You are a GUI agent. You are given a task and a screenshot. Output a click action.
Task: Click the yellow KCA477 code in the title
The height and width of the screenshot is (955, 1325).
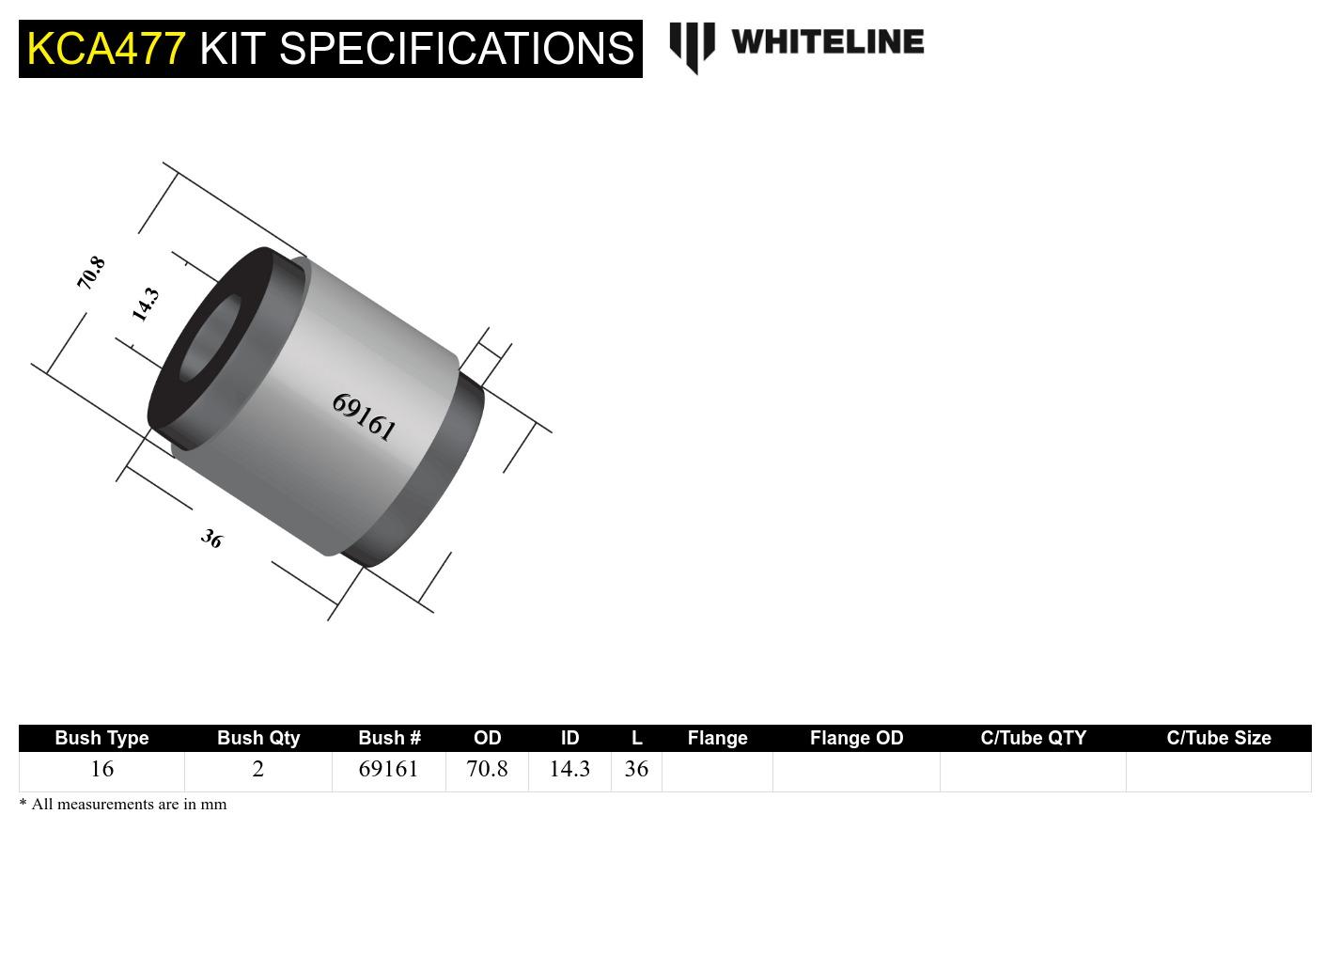[105, 48]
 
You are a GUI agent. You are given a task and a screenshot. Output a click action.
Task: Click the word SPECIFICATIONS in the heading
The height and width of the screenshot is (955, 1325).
[456, 48]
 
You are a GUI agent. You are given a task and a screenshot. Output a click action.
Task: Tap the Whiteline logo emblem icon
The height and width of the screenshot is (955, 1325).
[692, 46]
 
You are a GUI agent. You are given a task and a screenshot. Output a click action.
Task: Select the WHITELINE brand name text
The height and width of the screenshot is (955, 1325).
[827, 41]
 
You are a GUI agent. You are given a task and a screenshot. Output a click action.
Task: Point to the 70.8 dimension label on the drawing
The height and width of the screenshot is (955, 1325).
[91, 273]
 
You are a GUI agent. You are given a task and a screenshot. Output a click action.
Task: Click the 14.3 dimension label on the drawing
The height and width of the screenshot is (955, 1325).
[145, 305]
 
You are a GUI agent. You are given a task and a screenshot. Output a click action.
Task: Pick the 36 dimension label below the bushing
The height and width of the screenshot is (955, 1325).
[211, 539]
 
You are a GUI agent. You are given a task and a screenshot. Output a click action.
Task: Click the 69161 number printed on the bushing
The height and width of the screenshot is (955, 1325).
[364, 417]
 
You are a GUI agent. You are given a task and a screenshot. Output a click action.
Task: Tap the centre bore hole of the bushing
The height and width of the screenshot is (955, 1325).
[209, 338]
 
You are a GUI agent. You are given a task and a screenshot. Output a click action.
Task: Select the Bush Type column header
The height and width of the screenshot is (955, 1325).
[101, 738]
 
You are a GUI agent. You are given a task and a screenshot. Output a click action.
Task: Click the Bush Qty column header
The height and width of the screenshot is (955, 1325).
[258, 738]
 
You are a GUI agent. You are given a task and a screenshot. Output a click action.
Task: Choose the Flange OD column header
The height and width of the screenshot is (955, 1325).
[856, 738]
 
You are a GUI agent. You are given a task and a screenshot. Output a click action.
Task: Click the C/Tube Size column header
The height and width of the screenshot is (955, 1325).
[1218, 738]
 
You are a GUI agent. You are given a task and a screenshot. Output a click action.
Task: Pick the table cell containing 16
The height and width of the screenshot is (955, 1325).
[101, 769]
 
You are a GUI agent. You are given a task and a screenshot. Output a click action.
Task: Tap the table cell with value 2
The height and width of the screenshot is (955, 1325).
[258, 769]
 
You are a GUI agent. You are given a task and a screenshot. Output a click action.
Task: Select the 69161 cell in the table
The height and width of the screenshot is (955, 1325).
[388, 769]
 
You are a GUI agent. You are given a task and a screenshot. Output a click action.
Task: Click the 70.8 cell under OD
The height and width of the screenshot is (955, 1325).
[487, 769]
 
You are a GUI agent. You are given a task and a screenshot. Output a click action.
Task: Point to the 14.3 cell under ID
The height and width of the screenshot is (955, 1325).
[569, 769]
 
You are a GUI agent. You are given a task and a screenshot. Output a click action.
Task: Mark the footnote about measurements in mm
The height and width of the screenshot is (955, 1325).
[123, 804]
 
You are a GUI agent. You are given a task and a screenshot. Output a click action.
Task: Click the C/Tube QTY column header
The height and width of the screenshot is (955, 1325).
[1033, 738]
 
